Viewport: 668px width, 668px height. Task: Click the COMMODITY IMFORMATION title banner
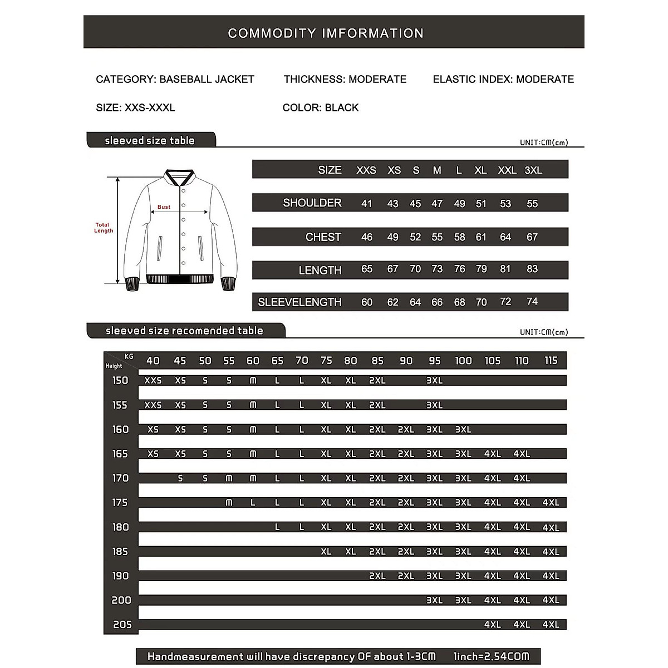326,33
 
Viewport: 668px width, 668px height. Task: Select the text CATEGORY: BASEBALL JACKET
175,79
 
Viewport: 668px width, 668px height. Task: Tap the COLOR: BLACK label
321,107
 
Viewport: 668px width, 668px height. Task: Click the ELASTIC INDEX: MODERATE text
503,79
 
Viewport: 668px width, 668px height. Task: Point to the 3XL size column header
533,170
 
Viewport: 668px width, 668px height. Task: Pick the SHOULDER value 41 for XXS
366,204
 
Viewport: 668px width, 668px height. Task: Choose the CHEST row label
323,237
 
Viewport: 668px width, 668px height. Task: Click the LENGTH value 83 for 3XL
532,269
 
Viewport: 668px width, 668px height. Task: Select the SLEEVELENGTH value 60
366,302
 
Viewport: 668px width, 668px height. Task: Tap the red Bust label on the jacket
164,207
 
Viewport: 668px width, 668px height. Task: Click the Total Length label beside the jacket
103,228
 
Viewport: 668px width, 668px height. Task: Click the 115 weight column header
551,361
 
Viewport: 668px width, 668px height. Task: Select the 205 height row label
122,625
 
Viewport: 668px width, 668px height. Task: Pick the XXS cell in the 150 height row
153,381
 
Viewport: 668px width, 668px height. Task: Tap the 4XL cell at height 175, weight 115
551,503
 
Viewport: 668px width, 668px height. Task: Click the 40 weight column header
153,361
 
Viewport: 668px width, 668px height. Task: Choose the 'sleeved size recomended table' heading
184,331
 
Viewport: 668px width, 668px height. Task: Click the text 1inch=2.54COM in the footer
490,656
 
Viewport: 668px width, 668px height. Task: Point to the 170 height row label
120,478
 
